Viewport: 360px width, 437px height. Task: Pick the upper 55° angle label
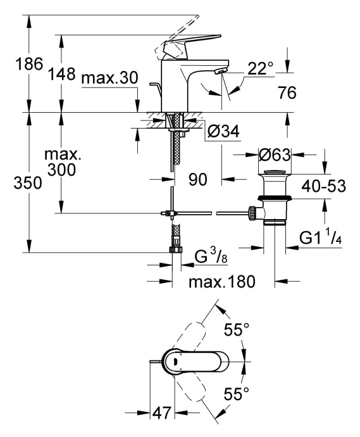coord(238,329)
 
